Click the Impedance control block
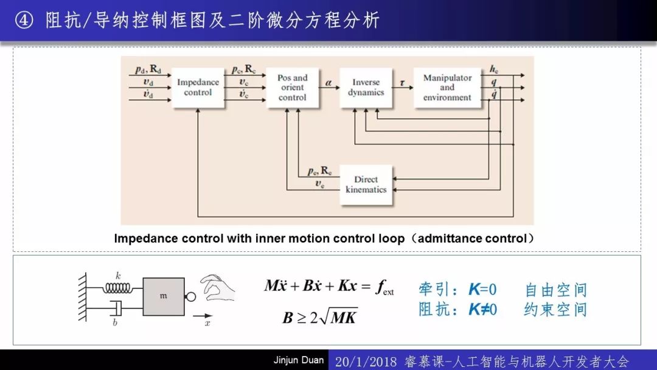coord(198,88)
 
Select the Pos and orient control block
coord(292,88)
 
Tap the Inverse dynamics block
coord(366,88)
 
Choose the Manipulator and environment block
coord(447,88)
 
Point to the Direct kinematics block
coord(366,185)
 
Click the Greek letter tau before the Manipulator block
coord(402,83)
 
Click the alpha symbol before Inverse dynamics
coord(328,83)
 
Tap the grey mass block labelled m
coord(164,297)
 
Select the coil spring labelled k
coord(118,288)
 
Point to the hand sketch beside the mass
coord(217,287)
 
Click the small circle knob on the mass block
coord(190,297)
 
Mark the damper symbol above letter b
coord(116,308)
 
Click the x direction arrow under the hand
coord(203,316)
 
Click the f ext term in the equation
coord(385,287)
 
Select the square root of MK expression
coord(338,317)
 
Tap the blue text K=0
coord(482,289)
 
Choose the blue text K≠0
coord(482,309)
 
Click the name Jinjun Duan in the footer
coord(298,360)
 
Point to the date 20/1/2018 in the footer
coord(366,361)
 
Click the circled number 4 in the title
coord(24,19)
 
